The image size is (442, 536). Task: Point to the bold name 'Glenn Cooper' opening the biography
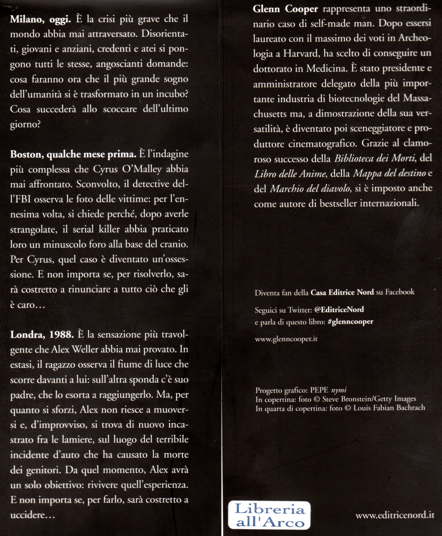click(285, 9)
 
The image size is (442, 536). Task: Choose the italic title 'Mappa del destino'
click(389, 173)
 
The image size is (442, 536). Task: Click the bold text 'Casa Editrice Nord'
click(342, 292)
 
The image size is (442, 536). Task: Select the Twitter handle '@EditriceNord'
click(339, 310)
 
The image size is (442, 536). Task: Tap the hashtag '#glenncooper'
click(350, 322)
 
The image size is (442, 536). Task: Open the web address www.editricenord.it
click(395, 515)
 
